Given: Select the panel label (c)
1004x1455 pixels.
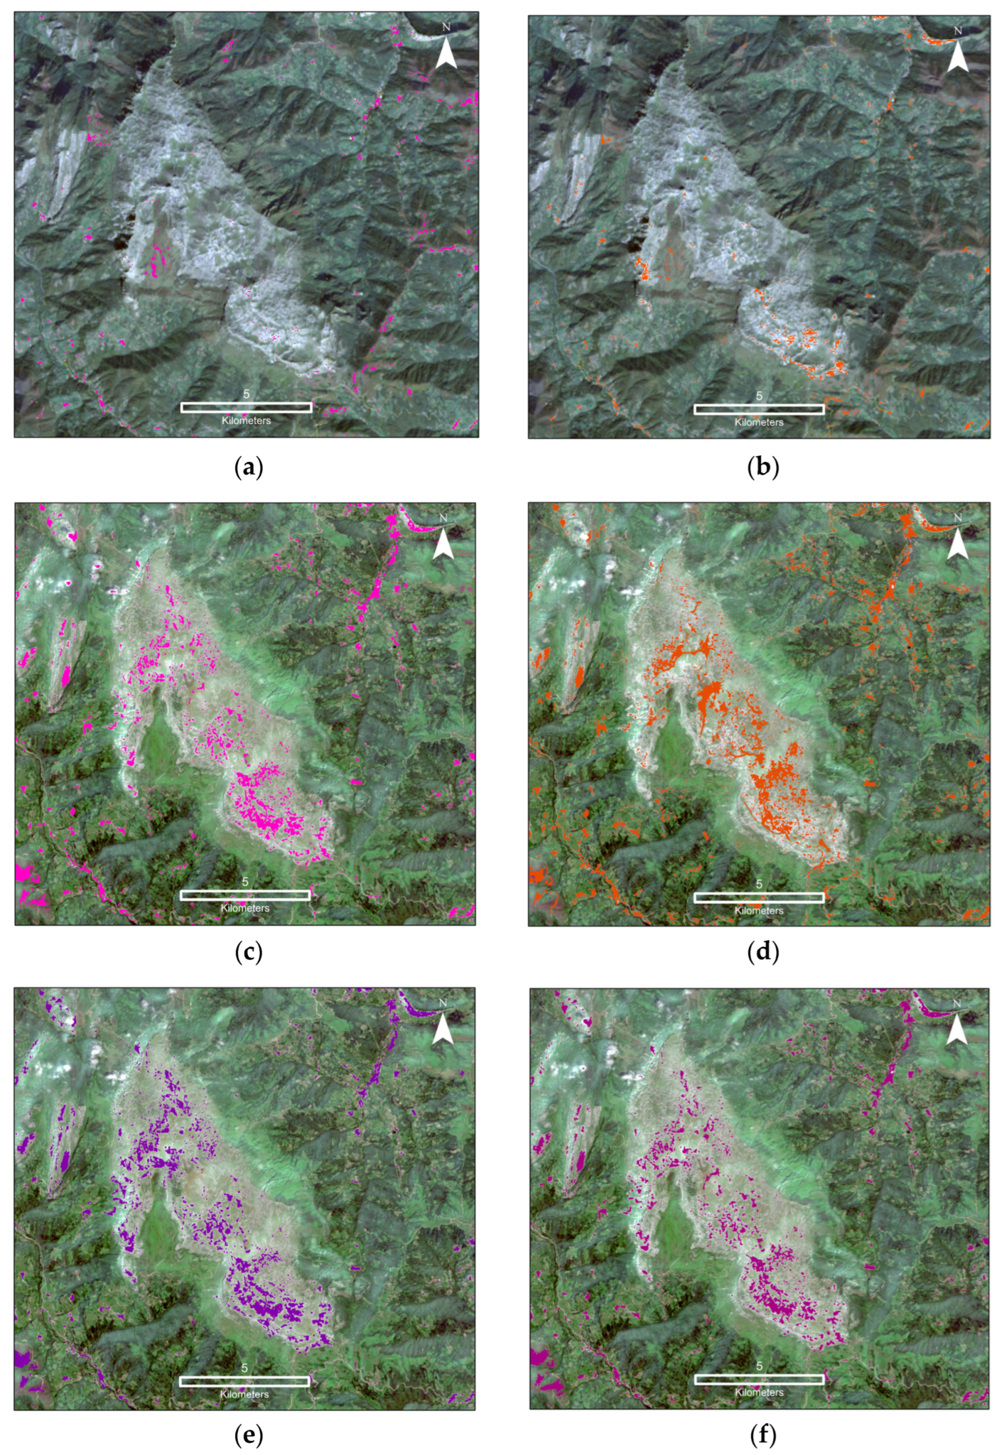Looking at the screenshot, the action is coord(248,953).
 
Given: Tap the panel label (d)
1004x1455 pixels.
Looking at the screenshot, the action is coord(762,953).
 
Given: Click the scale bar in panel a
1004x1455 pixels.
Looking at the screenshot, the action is coord(247,407).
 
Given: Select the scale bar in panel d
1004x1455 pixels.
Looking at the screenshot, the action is coord(759,898).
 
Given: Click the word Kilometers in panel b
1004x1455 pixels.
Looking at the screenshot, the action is coord(759,422).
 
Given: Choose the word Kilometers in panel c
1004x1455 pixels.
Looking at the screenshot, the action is coord(245,908).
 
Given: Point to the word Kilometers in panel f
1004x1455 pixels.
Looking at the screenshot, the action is coord(759,1387).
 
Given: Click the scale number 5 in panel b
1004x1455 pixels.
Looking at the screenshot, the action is coord(759,396).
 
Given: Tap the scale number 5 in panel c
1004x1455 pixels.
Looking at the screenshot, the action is coord(245,882).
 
